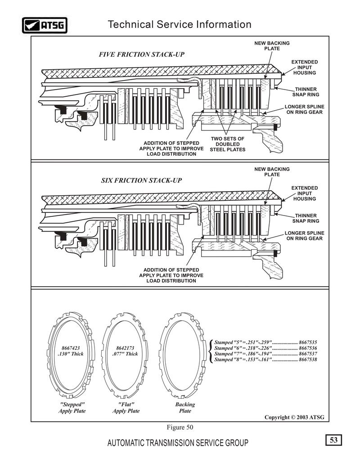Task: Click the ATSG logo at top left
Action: (45, 25)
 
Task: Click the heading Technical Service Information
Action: (180, 24)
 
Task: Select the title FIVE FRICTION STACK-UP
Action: (142, 54)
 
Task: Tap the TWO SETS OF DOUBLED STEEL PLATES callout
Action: (228, 144)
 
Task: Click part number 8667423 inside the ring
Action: (71, 348)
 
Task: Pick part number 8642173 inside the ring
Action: (125, 348)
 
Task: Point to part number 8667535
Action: (308, 342)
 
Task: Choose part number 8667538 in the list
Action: (308, 360)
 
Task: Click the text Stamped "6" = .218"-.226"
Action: (243, 348)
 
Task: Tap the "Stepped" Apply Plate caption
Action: (72, 408)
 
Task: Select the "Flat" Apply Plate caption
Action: (126, 408)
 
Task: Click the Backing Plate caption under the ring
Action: (185, 408)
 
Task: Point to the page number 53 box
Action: (334, 440)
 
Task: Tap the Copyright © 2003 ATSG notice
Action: (294, 418)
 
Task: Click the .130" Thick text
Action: (71, 354)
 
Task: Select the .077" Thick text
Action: (125, 354)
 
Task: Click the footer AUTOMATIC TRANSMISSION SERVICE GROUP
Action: (178, 443)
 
